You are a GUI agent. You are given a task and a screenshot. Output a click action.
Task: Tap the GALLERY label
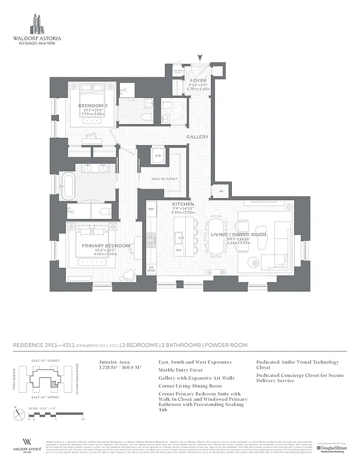[197, 137]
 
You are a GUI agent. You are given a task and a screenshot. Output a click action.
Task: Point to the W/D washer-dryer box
[157, 156]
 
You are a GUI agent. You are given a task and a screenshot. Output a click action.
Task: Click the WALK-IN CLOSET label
[164, 179]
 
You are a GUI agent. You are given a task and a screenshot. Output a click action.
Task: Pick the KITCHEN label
[182, 204]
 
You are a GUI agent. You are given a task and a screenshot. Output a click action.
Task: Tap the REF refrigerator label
[150, 209]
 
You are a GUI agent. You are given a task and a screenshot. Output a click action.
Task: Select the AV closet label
[221, 190]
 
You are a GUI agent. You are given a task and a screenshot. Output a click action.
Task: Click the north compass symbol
[16, 415]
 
